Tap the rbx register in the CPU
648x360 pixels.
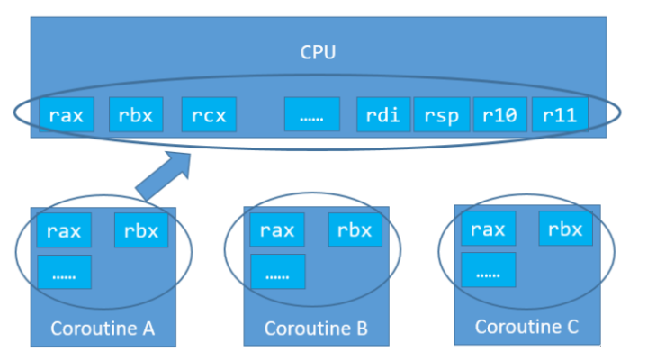[136, 114]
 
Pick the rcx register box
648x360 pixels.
[209, 114]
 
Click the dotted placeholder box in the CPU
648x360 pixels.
[311, 114]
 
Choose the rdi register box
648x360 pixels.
[383, 114]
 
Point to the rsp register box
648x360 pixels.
[442, 114]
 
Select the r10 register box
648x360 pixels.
[499, 114]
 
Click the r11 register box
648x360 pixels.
[560, 114]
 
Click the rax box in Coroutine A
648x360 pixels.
[65, 231]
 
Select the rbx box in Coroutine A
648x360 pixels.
[141, 231]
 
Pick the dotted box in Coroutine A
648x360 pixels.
[65, 271]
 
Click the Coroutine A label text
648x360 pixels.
[103, 328]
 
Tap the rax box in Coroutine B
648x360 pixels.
[277, 230]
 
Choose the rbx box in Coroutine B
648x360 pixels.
[355, 230]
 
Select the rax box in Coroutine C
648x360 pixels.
[488, 229]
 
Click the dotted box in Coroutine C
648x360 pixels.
[488, 269]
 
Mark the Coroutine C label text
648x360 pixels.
[526, 326]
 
